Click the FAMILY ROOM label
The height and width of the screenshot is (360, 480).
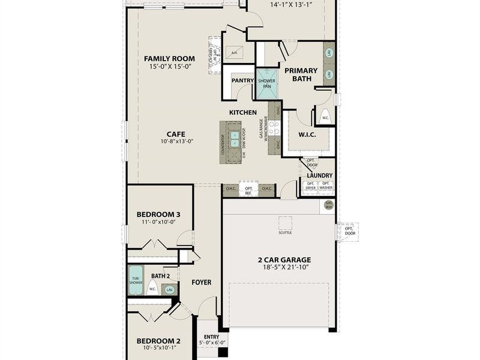(x=169, y=58)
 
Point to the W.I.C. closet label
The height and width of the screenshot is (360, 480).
(x=307, y=134)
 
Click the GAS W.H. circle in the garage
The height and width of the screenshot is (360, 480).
(x=329, y=205)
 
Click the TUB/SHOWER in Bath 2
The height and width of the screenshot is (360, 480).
(x=136, y=279)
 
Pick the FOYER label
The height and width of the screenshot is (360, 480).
(x=201, y=282)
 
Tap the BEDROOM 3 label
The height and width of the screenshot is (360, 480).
(x=158, y=214)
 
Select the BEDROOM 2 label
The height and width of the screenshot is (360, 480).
(x=158, y=340)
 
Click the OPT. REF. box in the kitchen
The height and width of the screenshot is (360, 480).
(x=248, y=190)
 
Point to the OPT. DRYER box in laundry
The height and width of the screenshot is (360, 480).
(x=311, y=186)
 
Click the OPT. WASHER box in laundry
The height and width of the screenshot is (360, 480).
(x=326, y=186)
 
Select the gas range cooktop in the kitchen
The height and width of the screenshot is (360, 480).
(x=273, y=128)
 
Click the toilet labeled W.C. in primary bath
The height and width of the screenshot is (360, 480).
(x=325, y=116)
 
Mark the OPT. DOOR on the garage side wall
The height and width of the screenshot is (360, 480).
(x=348, y=232)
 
